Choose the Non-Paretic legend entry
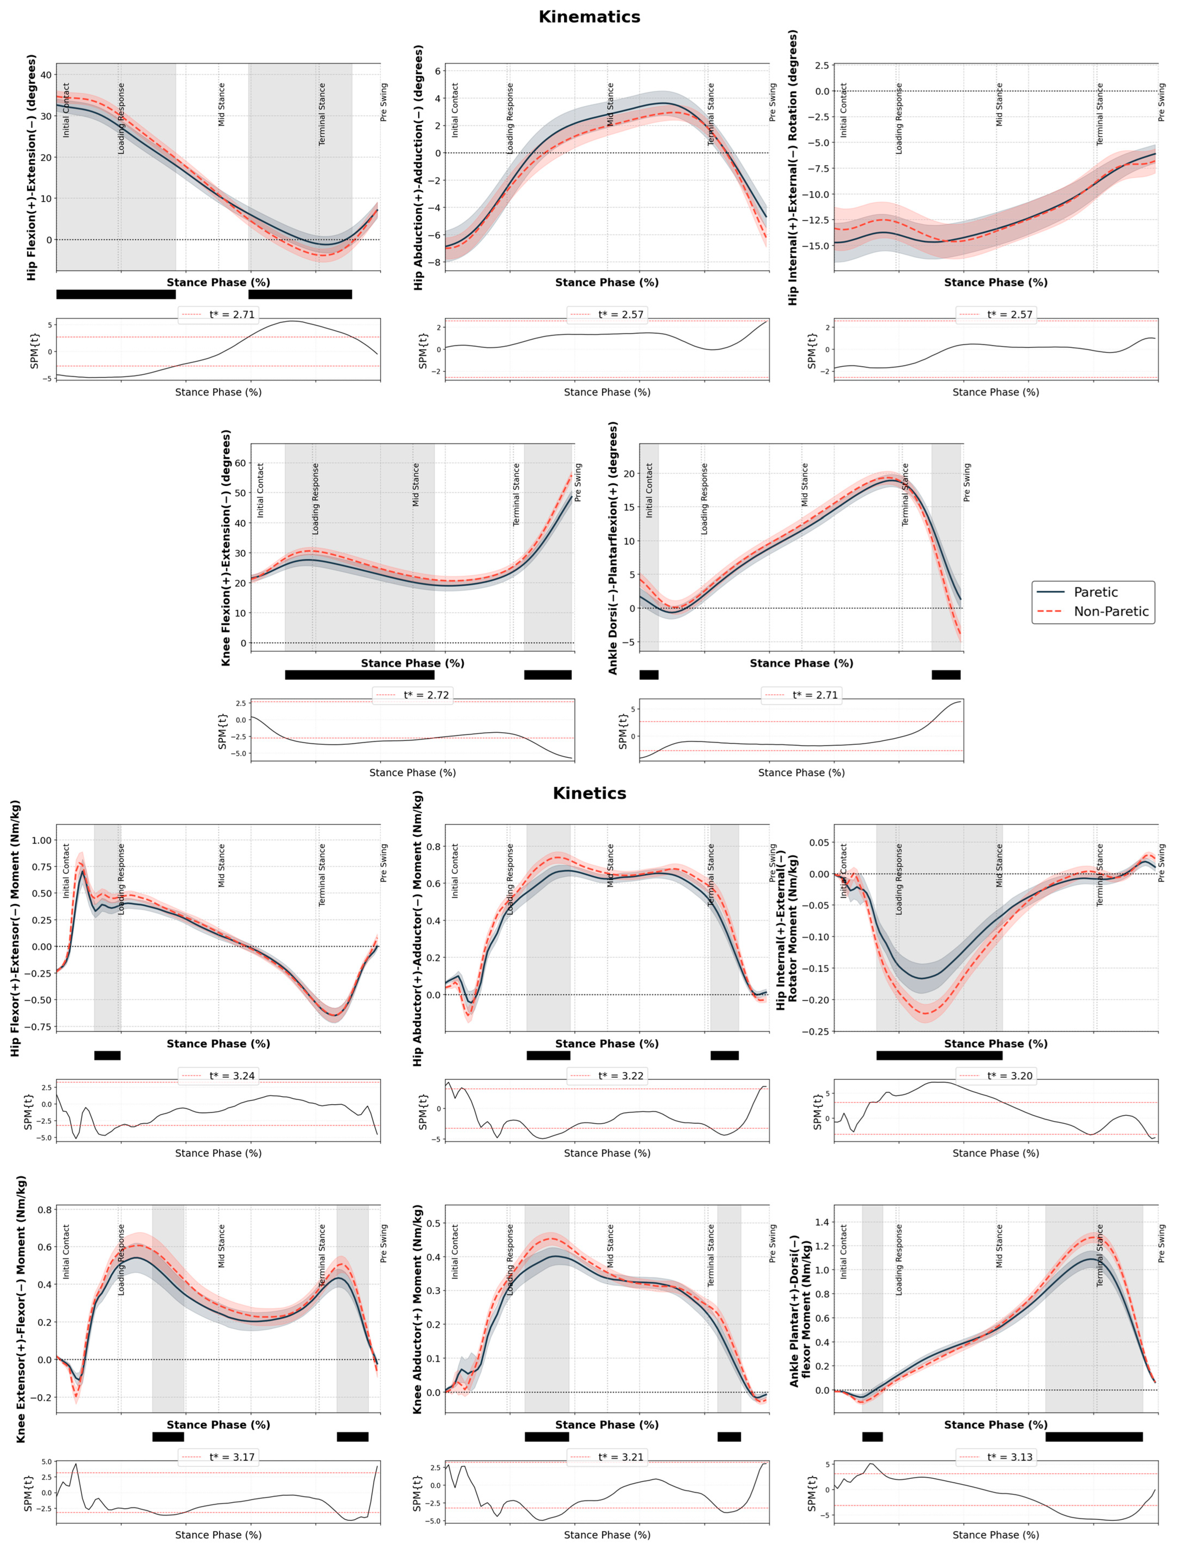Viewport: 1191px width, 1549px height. point(1110,611)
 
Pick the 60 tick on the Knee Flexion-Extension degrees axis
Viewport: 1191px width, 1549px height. point(240,463)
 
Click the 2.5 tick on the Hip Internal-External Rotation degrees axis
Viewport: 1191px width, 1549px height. point(821,65)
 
